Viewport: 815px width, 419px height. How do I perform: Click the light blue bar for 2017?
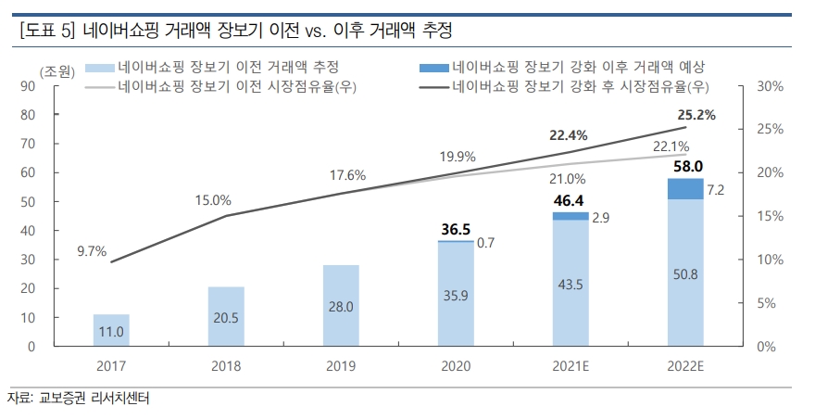tap(111, 330)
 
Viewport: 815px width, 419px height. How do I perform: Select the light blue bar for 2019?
tap(341, 305)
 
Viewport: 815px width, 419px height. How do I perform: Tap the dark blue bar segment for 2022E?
tap(684, 188)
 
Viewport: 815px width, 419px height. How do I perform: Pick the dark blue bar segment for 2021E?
tap(570, 216)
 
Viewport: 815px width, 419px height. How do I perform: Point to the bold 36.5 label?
tap(455, 227)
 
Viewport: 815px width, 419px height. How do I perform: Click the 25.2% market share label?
tap(697, 115)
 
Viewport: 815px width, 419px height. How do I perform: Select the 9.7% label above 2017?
tap(93, 250)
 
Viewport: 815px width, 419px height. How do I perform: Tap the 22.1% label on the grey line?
tap(671, 146)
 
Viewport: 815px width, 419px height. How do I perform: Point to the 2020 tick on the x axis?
tap(455, 365)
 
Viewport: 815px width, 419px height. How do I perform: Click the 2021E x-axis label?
tap(570, 365)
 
